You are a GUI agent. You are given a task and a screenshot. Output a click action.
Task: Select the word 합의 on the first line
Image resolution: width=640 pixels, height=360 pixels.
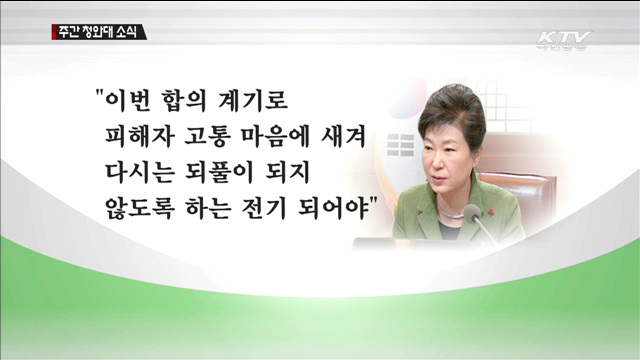point(188,102)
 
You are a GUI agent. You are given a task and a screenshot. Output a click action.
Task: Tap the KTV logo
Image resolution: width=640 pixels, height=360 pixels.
point(563,40)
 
